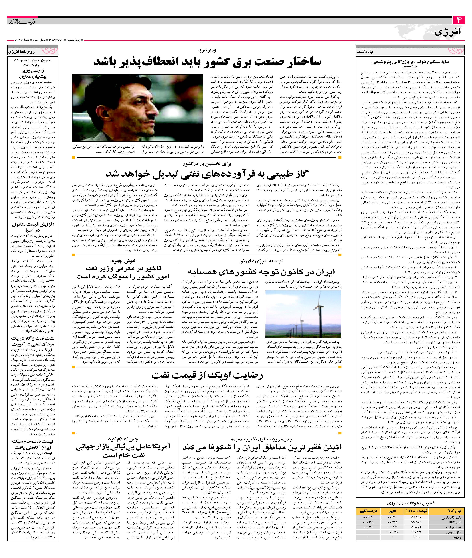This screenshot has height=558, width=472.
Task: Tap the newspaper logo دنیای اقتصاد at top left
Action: click(21, 21)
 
